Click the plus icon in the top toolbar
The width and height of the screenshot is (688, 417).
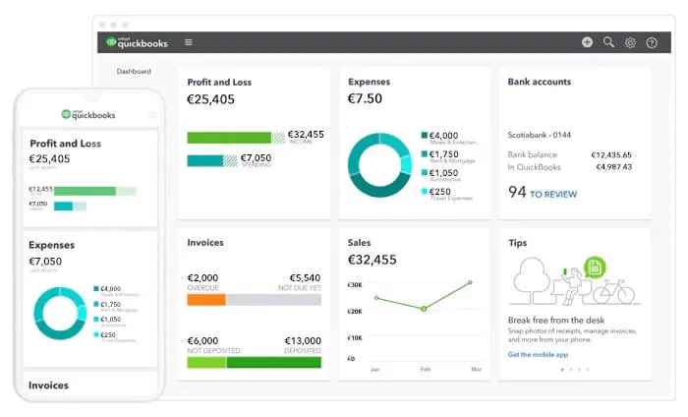tap(587, 42)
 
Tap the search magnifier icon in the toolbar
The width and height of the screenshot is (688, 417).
tap(608, 42)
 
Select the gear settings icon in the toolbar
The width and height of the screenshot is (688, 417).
tap(630, 42)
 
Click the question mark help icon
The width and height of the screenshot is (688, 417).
tap(652, 42)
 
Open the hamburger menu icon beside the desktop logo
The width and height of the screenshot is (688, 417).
tap(189, 42)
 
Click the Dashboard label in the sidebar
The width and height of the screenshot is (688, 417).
tap(134, 71)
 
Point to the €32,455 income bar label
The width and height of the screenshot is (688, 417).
tap(306, 135)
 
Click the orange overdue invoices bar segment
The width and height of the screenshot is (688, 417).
tap(206, 300)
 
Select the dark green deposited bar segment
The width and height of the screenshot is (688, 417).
tap(273, 362)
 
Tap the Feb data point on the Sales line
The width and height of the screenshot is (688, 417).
tap(424, 309)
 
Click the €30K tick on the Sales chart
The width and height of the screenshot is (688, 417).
tap(355, 284)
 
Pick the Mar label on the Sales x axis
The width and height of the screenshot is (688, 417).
tap(476, 370)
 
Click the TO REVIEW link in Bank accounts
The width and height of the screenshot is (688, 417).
tap(553, 195)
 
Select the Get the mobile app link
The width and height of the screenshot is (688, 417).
tap(539, 354)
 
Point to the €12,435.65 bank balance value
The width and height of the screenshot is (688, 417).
tap(611, 154)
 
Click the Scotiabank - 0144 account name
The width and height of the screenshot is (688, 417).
tap(539, 134)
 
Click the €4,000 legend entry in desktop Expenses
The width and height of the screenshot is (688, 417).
tap(443, 135)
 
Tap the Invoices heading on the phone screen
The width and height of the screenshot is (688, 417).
tap(48, 386)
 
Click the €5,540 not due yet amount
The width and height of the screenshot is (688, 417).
tap(305, 278)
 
